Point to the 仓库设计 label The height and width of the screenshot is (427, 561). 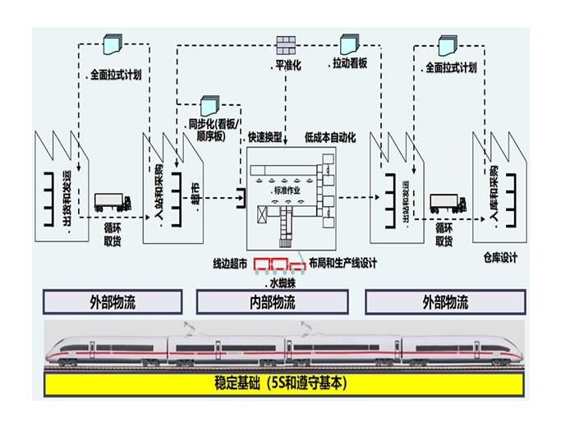click(x=499, y=258)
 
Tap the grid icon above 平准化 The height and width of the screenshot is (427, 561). click(x=285, y=43)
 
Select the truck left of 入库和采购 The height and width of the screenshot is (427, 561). click(x=448, y=201)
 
